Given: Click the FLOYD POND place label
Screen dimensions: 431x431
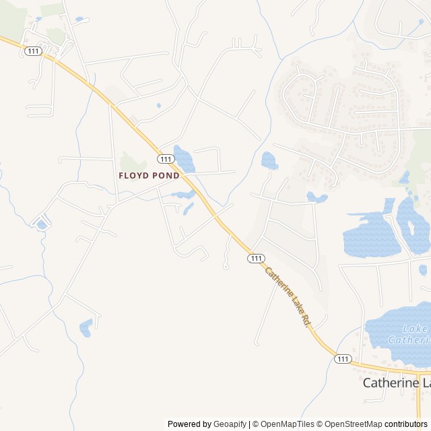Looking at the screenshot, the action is tap(149, 176).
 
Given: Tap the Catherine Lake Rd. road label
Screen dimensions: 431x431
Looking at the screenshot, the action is tap(287, 298).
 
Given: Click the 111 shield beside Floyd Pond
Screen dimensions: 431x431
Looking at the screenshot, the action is tap(166, 159).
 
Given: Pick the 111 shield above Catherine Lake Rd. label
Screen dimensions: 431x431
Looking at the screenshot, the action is tap(255, 259).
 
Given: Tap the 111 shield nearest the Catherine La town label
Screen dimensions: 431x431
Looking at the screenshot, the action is tap(343, 359).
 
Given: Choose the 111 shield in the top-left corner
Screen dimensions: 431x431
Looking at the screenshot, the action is tap(32, 51).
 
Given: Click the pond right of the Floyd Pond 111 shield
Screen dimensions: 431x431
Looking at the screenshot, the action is tap(184, 159).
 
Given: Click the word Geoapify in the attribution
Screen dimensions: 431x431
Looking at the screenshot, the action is tap(230, 424).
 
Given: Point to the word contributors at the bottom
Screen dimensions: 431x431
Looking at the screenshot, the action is tap(406, 424).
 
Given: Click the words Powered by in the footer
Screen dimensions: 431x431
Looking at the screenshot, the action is tap(189, 424).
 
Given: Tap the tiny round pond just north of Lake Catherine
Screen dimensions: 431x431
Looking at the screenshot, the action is tap(423, 270).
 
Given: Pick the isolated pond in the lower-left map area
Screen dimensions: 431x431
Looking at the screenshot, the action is tap(86, 328).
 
